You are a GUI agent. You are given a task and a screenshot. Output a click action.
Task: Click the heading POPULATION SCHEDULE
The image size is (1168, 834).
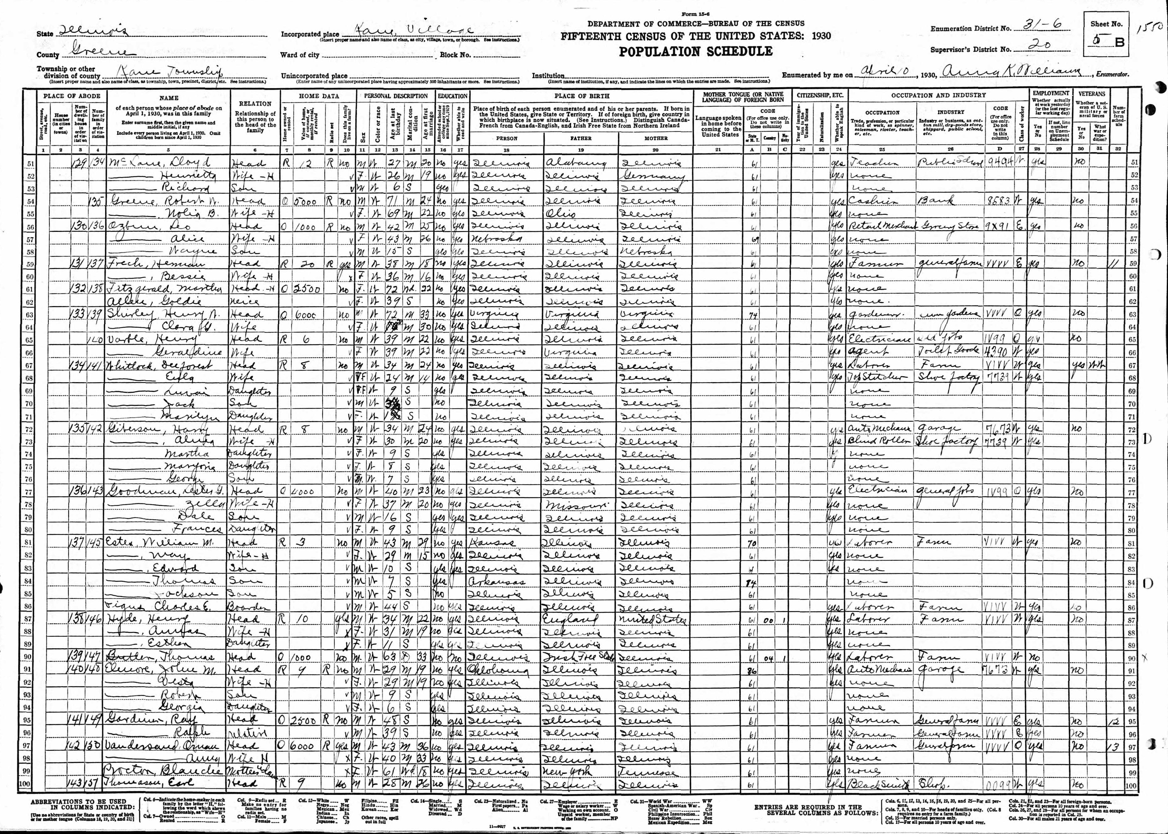[x=695, y=51]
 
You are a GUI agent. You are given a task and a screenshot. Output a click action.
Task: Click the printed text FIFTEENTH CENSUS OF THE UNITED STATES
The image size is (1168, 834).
[x=695, y=36]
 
